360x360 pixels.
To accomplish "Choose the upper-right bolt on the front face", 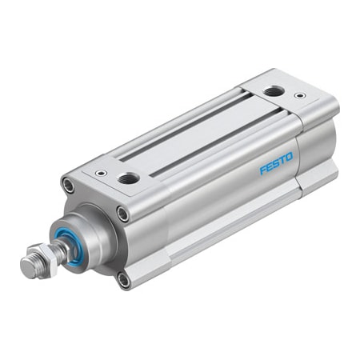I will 122,213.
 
